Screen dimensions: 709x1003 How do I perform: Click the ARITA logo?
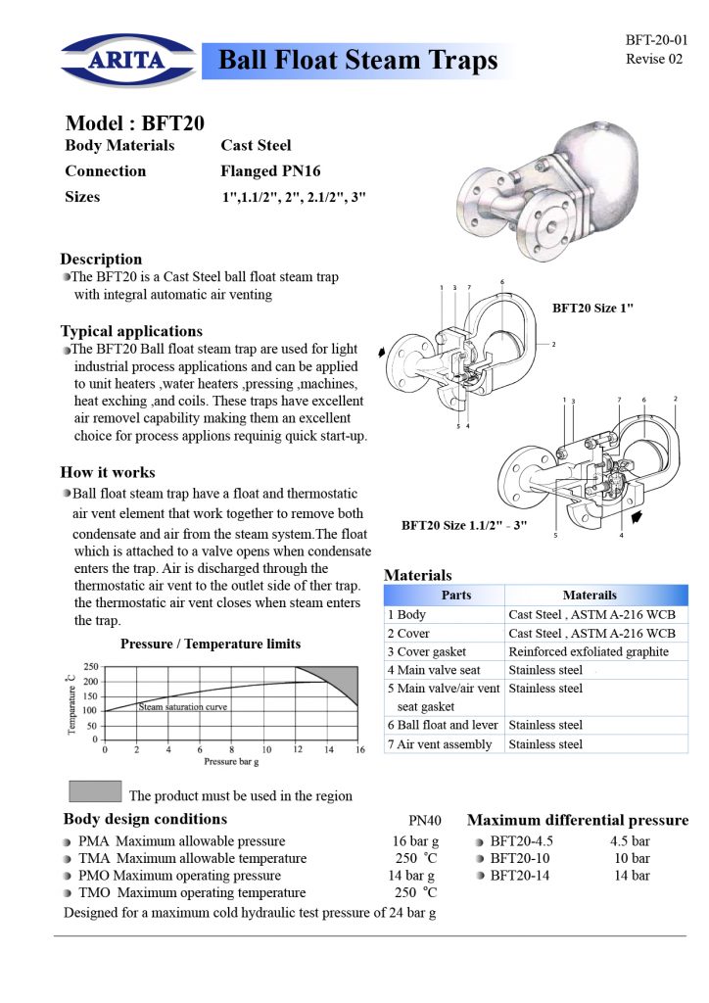(x=128, y=60)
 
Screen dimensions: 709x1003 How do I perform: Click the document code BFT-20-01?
(x=656, y=39)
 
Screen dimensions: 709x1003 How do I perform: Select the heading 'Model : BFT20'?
(x=135, y=122)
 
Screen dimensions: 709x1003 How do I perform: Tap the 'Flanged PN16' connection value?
(x=270, y=170)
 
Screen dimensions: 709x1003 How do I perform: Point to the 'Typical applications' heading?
(x=131, y=331)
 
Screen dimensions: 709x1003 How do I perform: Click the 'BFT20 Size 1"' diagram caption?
(x=592, y=308)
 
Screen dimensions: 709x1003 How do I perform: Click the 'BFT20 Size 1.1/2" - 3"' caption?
(x=464, y=525)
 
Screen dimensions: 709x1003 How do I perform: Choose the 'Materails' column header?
(x=590, y=595)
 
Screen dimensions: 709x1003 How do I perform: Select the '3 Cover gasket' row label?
(x=426, y=651)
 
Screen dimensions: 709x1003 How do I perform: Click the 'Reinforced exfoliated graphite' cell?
(x=589, y=651)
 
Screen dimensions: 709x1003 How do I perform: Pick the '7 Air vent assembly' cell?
(x=440, y=744)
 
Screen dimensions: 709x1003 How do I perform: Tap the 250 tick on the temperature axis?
(x=91, y=666)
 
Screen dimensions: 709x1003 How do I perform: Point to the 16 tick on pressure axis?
(x=360, y=749)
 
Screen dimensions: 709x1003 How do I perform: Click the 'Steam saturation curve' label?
(x=183, y=707)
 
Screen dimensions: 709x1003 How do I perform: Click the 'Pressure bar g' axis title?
(x=231, y=761)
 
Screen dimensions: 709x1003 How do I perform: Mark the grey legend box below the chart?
(x=95, y=790)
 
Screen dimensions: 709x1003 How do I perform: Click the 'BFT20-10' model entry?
(x=519, y=858)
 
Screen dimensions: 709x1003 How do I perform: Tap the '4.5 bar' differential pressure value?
(x=630, y=840)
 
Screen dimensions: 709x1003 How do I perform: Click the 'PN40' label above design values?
(x=424, y=820)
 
